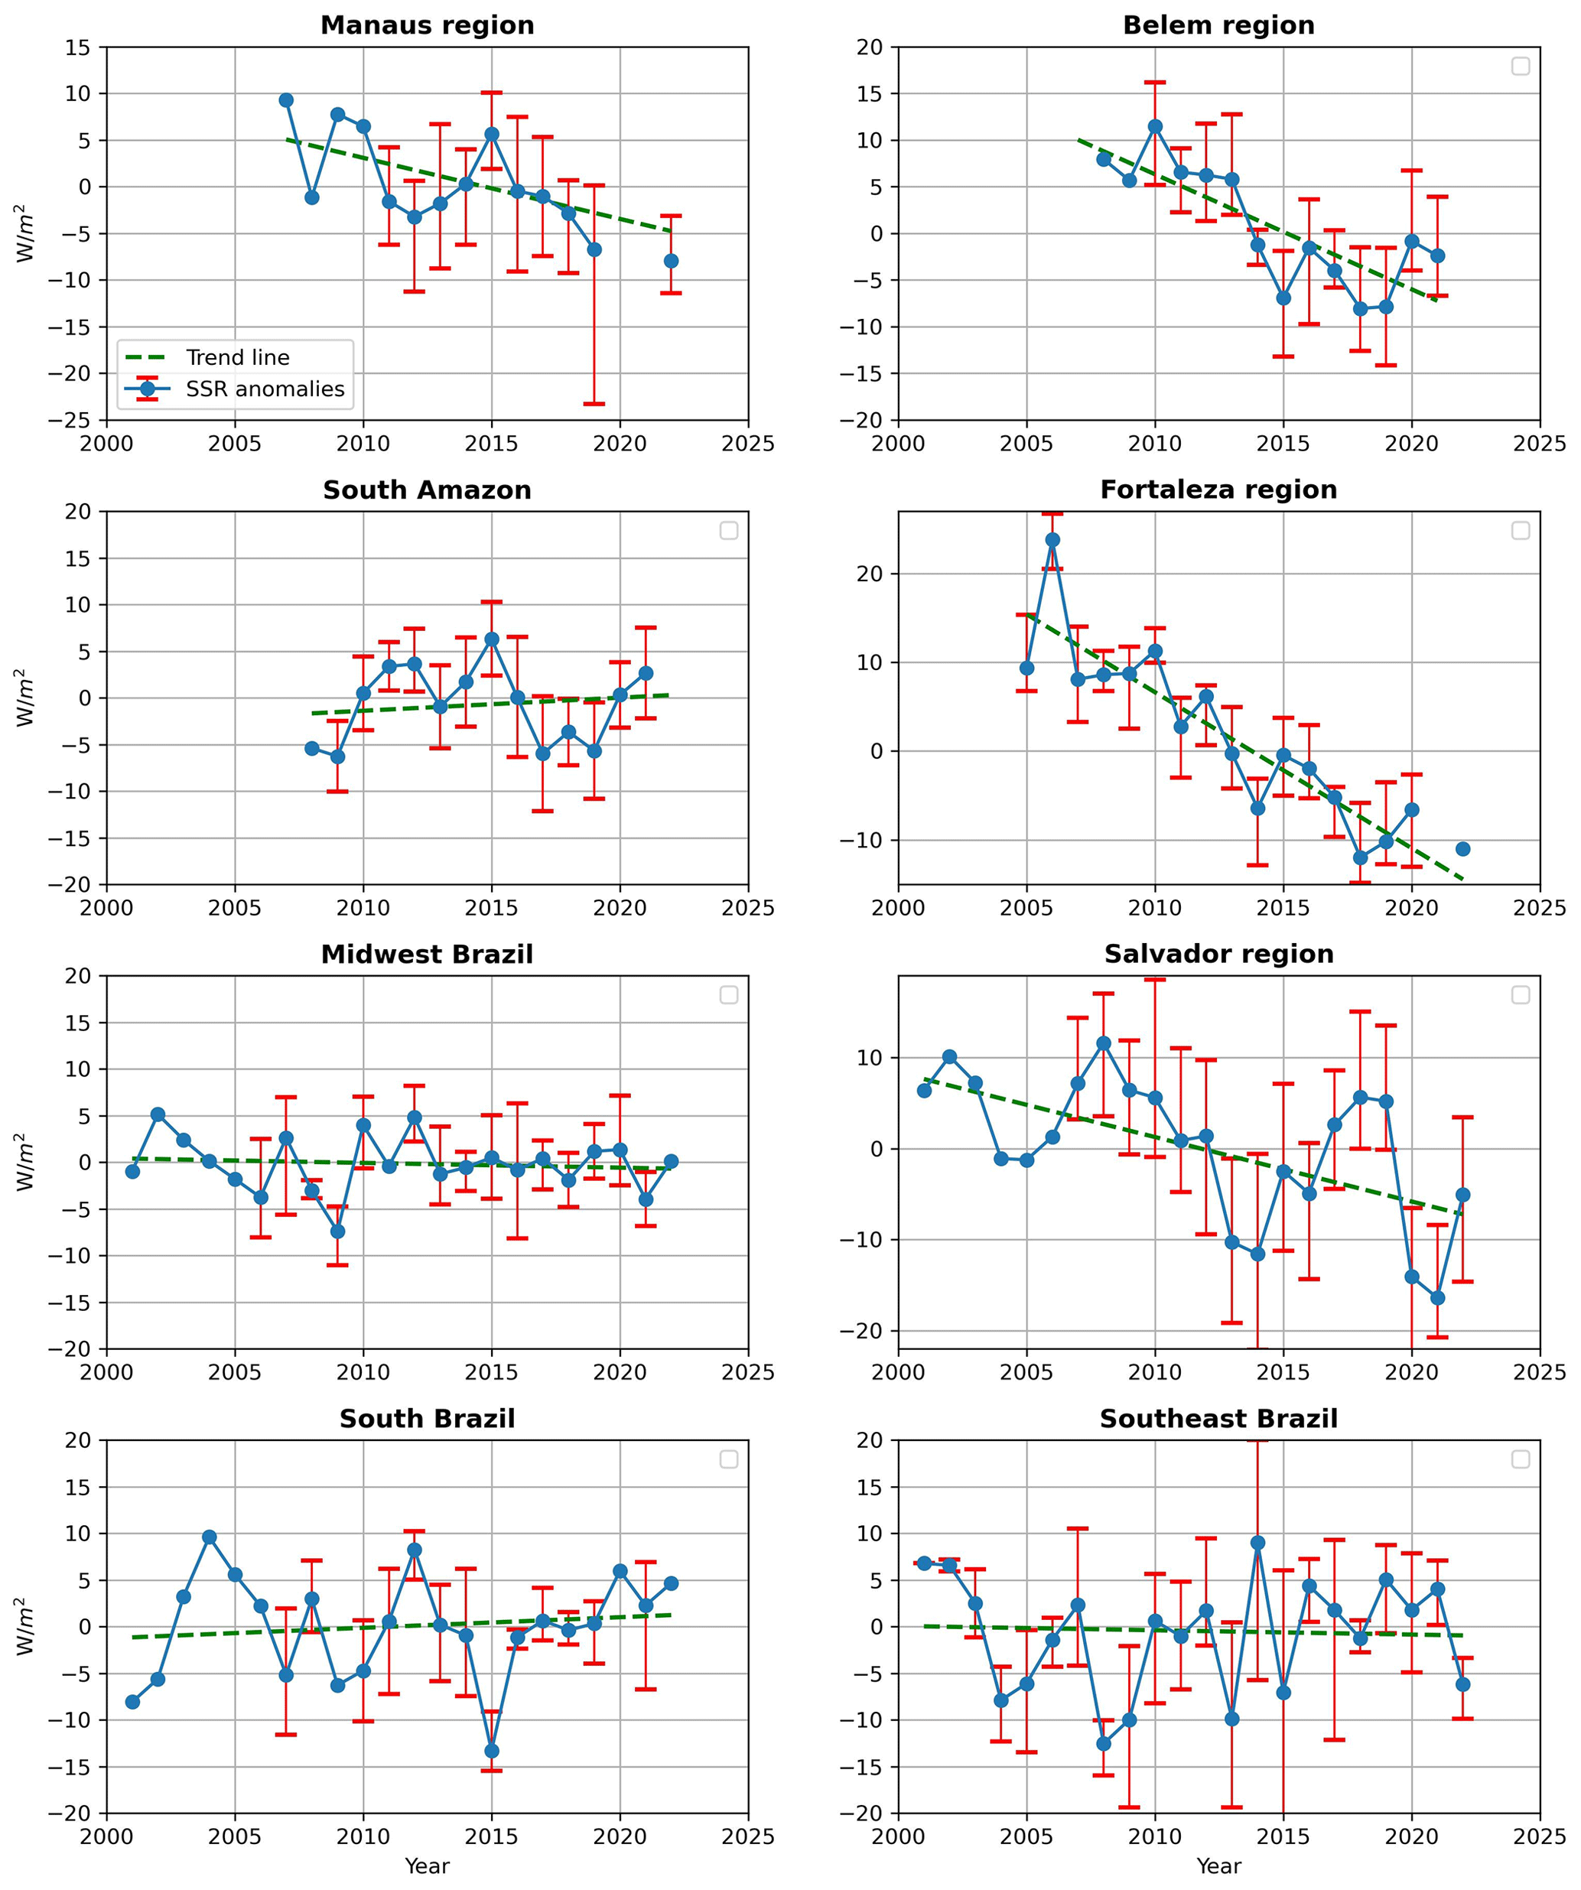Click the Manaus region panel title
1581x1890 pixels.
coord(428,25)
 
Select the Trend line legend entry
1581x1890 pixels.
coord(238,358)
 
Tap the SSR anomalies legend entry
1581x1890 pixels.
coord(265,389)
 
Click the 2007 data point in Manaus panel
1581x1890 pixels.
coord(286,100)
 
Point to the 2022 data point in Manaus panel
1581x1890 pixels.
coord(672,261)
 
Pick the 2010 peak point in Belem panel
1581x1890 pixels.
coord(1156,127)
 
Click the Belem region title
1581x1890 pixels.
coord(1218,25)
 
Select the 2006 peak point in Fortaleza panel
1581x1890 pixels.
coord(1052,540)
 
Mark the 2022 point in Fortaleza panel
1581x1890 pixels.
coord(1463,849)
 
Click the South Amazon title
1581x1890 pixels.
coord(428,490)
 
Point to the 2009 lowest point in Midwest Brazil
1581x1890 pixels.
coord(337,1231)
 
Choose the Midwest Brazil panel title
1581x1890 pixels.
coord(428,955)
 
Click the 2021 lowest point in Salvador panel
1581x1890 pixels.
coord(1438,1298)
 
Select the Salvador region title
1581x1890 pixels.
coord(1218,955)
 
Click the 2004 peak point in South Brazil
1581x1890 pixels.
coord(210,1537)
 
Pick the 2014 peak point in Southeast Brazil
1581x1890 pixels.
coord(1258,1543)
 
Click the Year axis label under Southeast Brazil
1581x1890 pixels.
coord(1218,1866)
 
